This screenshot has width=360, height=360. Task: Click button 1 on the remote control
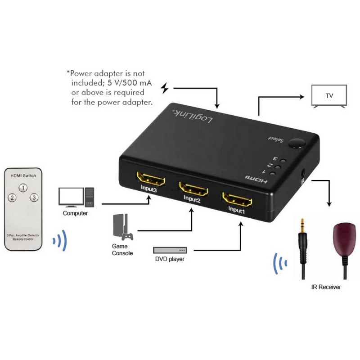(23, 188)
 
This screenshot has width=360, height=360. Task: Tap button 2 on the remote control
(12, 198)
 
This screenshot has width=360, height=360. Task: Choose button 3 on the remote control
(34, 198)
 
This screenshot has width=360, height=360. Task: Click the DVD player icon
(170, 250)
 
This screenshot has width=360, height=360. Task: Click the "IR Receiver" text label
(326, 287)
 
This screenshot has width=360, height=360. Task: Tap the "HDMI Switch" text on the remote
(23, 175)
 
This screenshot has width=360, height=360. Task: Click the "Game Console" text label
(122, 250)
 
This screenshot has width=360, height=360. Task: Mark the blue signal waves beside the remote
(59, 241)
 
